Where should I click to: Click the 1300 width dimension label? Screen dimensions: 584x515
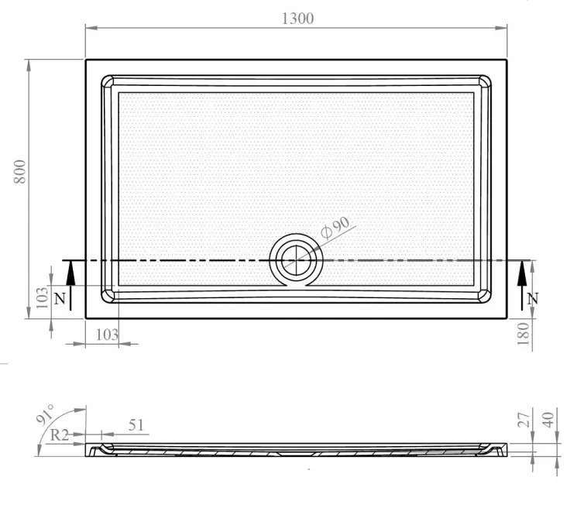[x=297, y=19]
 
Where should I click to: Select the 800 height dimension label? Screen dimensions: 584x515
[x=19, y=172]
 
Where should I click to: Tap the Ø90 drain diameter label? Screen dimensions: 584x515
[x=335, y=227]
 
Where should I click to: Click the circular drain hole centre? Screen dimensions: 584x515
[x=296, y=260]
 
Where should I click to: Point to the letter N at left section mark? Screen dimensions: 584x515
[x=60, y=299]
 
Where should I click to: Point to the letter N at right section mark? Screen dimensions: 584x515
[x=533, y=299]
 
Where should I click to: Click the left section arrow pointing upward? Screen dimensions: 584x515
[x=70, y=286]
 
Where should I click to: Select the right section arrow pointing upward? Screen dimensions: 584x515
[x=522, y=286]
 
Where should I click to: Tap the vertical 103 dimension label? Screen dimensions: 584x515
[x=42, y=297]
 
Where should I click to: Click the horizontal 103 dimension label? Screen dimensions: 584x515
[x=107, y=335]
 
